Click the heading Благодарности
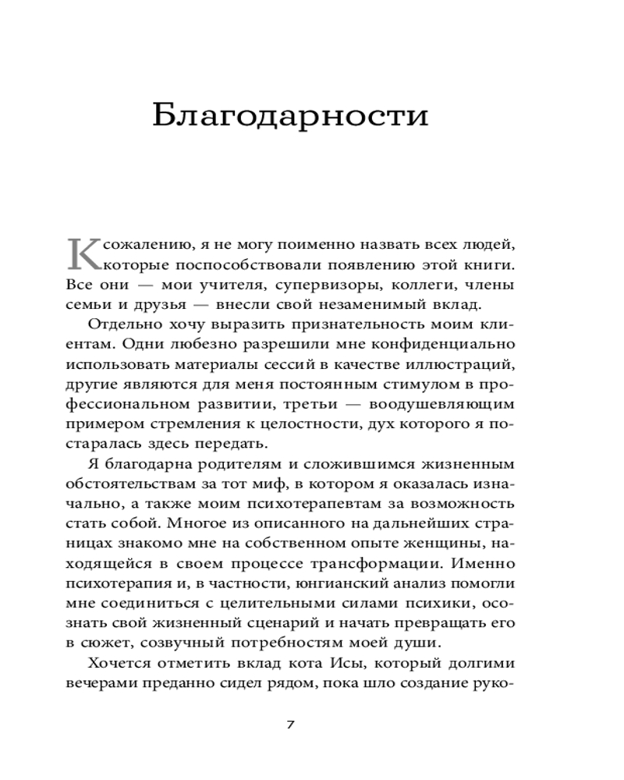[290, 115]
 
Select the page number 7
[290, 725]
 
